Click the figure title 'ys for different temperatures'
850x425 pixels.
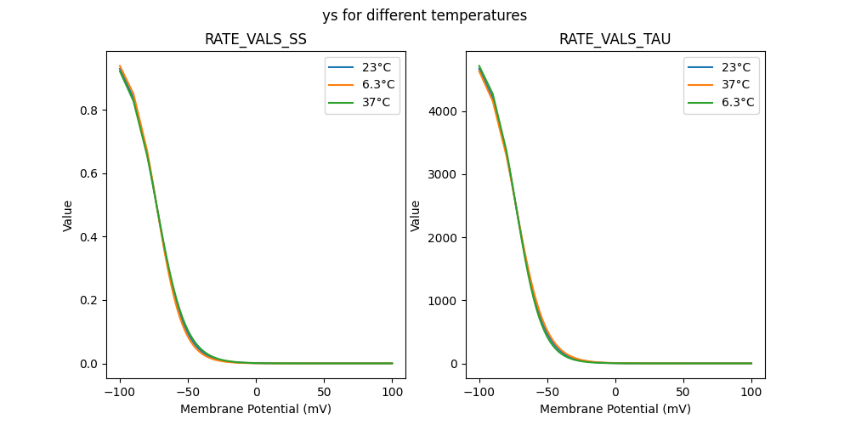pyautogui.click(x=424, y=15)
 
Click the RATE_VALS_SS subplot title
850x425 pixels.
pyautogui.click(x=256, y=39)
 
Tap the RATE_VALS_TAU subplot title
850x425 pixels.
pyautogui.click(x=615, y=39)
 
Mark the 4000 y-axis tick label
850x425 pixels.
pyautogui.click(x=445, y=111)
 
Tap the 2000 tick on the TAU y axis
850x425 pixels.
pyautogui.click(x=445, y=238)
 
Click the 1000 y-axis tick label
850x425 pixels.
pyautogui.click(x=445, y=301)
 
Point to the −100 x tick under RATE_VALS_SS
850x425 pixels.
pyautogui.click(x=119, y=392)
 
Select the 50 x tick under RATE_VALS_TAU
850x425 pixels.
pyautogui.click(x=683, y=392)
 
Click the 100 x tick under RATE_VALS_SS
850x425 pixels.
pyautogui.click(x=393, y=392)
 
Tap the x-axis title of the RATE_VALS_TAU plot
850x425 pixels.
pyautogui.click(x=615, y=409)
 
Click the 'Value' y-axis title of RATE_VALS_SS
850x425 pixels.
pyautogui.click(x=68, y=216)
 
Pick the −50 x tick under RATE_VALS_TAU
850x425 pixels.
pyautogui.click(x=547, y=392)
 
